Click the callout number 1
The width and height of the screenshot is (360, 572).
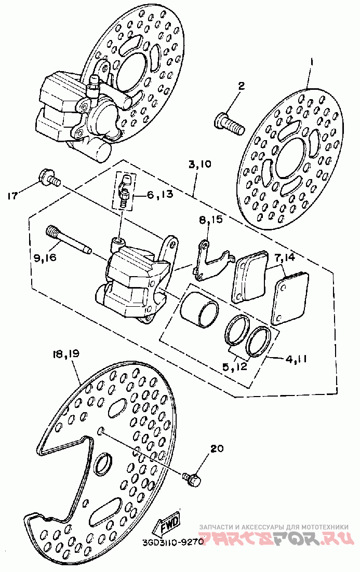coord(312,63)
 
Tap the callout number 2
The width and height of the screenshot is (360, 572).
coord(242,87)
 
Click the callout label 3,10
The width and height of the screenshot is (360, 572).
coord(200,165)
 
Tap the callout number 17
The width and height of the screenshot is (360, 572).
coord(13,196)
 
